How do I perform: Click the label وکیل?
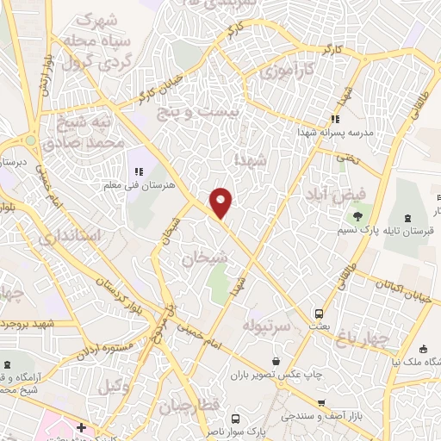[x=114, y=387]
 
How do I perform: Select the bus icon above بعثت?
[x=319, y=314]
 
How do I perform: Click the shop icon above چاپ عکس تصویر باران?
[x=276, y=361]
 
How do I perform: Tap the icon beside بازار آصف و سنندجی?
[x=320, y=402]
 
